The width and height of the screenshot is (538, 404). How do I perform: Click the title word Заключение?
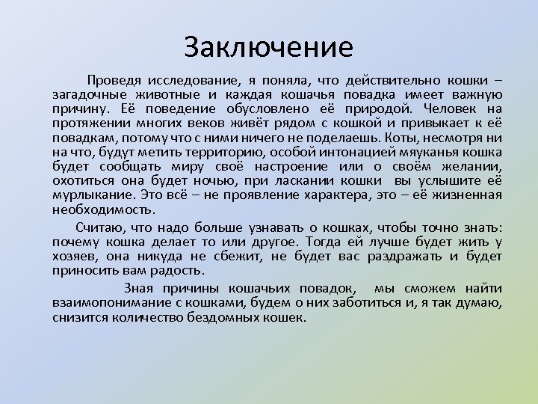(x=268, y=48)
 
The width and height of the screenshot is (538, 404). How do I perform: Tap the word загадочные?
(x=91, y=95)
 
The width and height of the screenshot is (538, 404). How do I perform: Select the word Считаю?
(x=101, y=227)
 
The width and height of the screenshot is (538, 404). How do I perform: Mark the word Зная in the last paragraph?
(x=138, y=289)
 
